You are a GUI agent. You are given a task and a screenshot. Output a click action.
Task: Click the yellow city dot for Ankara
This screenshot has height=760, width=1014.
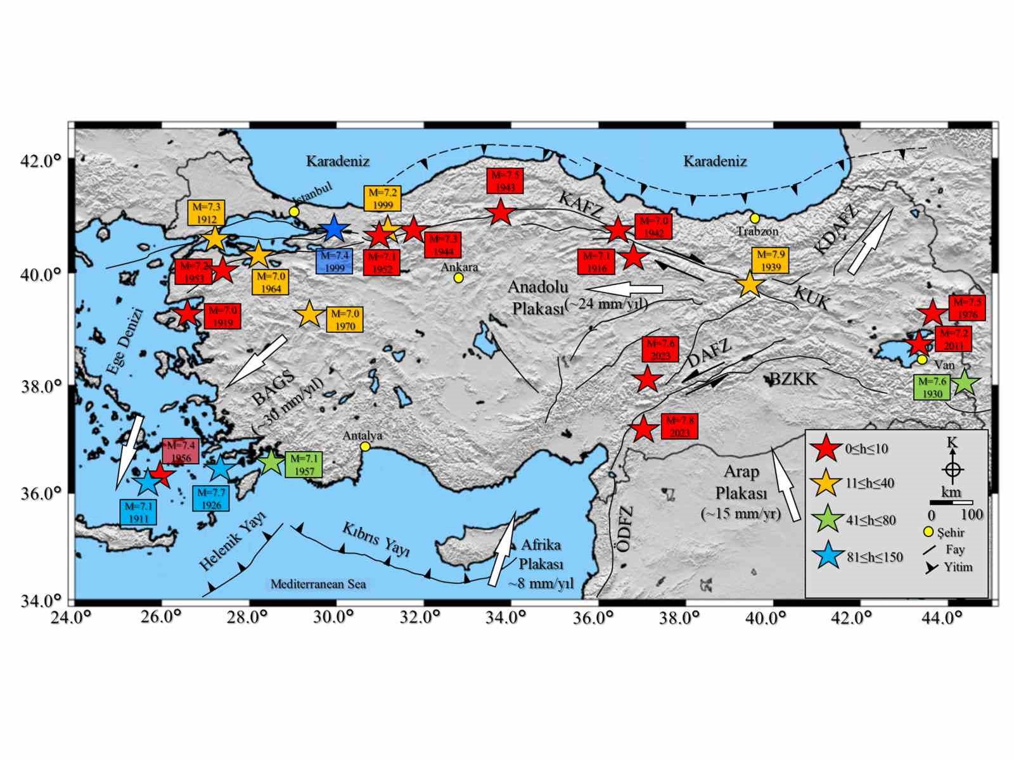(x=458, y=277)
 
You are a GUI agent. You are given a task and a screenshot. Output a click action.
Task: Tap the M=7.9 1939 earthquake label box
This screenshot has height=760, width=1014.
(x=770, y=260)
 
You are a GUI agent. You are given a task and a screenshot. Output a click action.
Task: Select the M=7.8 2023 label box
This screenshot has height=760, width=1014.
(x=679, y=426)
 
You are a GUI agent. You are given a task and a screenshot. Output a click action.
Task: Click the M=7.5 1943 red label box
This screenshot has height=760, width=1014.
(x=504, y=180)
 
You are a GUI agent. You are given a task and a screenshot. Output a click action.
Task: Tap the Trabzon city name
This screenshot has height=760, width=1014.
(x=757, y=231)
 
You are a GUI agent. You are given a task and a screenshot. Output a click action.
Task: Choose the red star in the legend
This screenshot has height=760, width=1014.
(x=826, y=448)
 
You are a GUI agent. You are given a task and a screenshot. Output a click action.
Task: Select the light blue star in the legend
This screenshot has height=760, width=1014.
(x=826, y=557)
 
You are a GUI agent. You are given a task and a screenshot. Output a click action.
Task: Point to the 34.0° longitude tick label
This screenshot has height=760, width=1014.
(x=506, y=617)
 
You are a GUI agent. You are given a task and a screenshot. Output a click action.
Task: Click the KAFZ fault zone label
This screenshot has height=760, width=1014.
(x=581, y=203)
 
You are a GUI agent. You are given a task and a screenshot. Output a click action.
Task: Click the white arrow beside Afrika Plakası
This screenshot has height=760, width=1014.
(x=503, y=550)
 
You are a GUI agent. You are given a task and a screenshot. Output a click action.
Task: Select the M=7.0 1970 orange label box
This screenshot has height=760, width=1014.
(x=345, y=320)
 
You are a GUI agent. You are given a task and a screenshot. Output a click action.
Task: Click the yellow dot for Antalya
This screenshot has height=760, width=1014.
(x=365, y=446)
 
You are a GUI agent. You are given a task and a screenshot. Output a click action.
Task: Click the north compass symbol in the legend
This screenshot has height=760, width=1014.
(x=953, y=469)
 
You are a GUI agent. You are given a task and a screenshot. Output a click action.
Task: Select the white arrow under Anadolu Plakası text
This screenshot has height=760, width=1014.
(x=630, y=289)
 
